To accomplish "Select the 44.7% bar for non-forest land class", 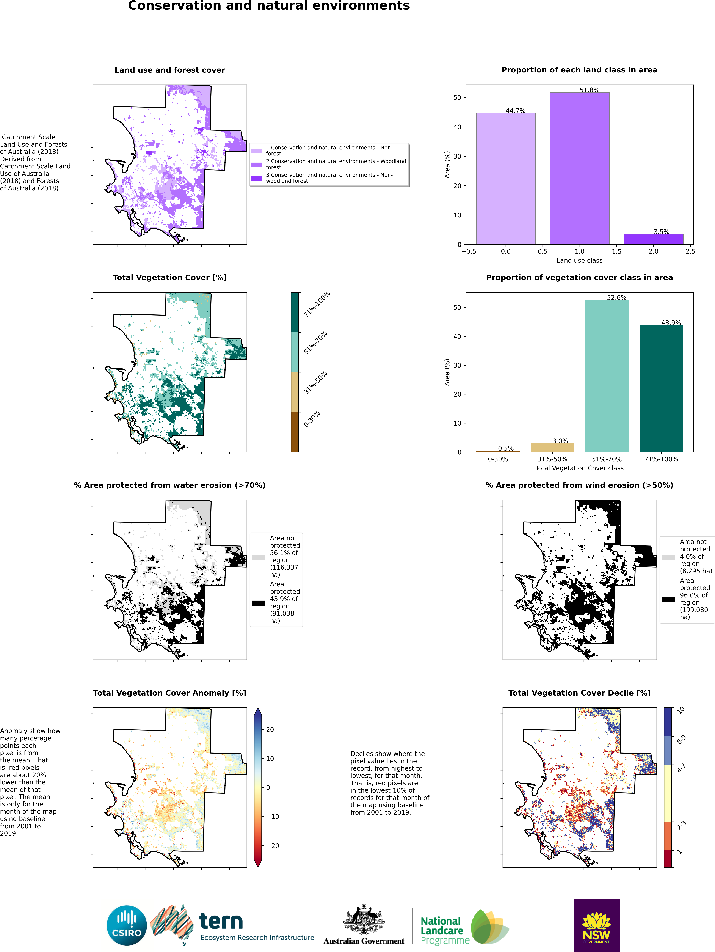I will [505, 179].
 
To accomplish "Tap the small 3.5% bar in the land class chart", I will [653, 239].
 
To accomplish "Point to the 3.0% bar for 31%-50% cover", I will [552, 448].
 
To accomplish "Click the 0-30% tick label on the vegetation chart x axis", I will [498, 459].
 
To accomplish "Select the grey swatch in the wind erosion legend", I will [668, 557].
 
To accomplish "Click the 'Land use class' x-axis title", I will [579, 260].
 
